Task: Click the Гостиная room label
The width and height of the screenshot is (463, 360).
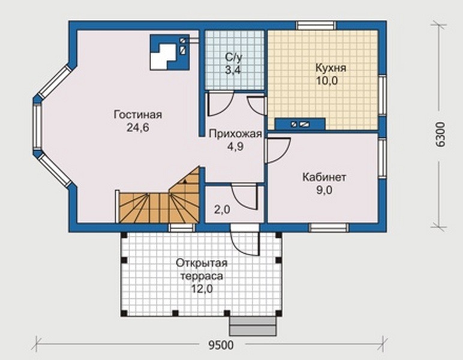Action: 138,115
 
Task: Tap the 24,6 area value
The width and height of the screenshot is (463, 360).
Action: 138,128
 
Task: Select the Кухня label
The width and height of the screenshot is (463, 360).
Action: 330,68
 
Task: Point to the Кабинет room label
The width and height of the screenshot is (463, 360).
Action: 324,178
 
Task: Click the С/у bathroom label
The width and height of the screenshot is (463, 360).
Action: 233,57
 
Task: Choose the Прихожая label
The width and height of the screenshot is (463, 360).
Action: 235,134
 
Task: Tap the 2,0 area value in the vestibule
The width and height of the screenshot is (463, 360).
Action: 222,209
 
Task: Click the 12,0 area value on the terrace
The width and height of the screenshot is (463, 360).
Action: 202,289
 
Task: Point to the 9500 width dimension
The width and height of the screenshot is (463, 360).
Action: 221,345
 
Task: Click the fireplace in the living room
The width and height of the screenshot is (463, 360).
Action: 170,53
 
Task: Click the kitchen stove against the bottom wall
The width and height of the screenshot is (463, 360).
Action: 300,124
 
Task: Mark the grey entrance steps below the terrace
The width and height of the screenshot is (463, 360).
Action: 253,326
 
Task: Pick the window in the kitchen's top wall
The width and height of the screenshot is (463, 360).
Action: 316,25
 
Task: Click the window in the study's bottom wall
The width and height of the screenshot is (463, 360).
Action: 329,227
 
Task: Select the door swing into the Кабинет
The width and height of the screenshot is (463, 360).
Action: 278,151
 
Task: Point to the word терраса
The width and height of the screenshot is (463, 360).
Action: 202,277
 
